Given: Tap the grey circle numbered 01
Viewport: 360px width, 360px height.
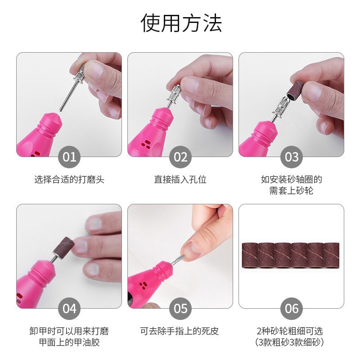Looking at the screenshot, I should (69, 157).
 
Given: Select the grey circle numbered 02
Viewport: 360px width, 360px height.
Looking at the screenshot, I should (180, 157).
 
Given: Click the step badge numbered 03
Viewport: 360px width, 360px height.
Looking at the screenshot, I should (292, 157).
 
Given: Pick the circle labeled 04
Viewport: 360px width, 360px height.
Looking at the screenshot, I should (69, 309).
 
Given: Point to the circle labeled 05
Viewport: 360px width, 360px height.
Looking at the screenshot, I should (180, 309).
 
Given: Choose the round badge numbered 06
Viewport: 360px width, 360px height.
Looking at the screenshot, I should (292, 309).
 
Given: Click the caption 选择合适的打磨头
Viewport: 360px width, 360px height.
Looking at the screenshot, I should (69, 180).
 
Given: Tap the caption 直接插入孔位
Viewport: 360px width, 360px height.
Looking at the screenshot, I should (180, 180).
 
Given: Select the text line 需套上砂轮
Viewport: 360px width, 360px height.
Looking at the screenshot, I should (292, 190).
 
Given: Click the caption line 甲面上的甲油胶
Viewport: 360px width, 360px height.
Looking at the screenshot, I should (69, 342).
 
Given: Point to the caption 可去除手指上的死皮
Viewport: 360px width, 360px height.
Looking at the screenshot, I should (180, 332).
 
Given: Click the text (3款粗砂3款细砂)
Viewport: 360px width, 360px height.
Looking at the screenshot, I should (292, 342).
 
